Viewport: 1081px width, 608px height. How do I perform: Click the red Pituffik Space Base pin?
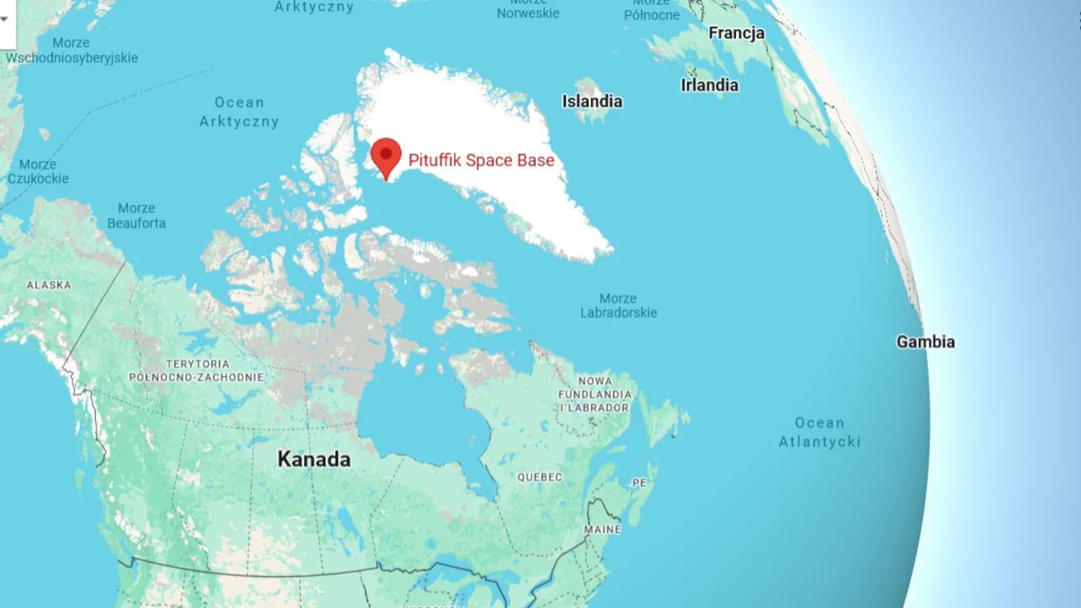[386, 154]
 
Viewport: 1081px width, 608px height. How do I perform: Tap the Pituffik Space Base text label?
[481, 161]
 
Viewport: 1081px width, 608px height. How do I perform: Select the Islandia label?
[592, 101]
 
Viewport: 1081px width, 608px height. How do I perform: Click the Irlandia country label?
[710, 85]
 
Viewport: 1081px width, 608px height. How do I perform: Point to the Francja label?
[737, 33]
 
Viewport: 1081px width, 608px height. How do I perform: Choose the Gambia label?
[925, 342]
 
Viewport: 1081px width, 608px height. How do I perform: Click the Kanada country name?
[314, 459]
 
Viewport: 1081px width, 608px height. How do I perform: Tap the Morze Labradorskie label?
[619, 306]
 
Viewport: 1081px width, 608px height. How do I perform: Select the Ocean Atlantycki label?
[820, 432]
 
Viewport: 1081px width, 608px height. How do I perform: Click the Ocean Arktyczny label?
[239, 112]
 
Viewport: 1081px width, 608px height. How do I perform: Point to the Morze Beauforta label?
[137, 215]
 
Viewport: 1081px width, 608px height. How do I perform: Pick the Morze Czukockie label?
[38, 171]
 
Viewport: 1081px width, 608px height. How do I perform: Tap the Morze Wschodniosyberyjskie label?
[71, 50]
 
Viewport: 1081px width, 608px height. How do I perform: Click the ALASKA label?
[49, 285]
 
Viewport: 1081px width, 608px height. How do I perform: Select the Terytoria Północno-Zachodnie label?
[197, 370]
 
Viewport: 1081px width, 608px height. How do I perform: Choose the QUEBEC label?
[540, 477]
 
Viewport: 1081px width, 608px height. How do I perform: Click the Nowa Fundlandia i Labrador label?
[595, 394]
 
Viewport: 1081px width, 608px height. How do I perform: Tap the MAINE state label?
[602, 529]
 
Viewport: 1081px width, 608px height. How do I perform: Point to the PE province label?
[639, 482]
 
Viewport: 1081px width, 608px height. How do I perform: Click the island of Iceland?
[590, 108]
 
